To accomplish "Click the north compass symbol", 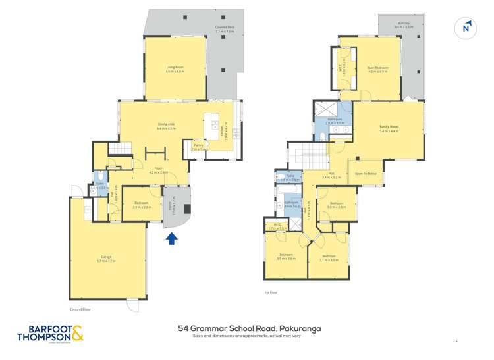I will pos(466,27).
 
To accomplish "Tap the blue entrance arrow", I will pos(171,239).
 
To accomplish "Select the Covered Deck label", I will pos(225,30).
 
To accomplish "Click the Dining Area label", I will pos(166,125).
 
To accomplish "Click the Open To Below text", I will pos(366,174).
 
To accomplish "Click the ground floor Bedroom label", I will pos(142,205).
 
